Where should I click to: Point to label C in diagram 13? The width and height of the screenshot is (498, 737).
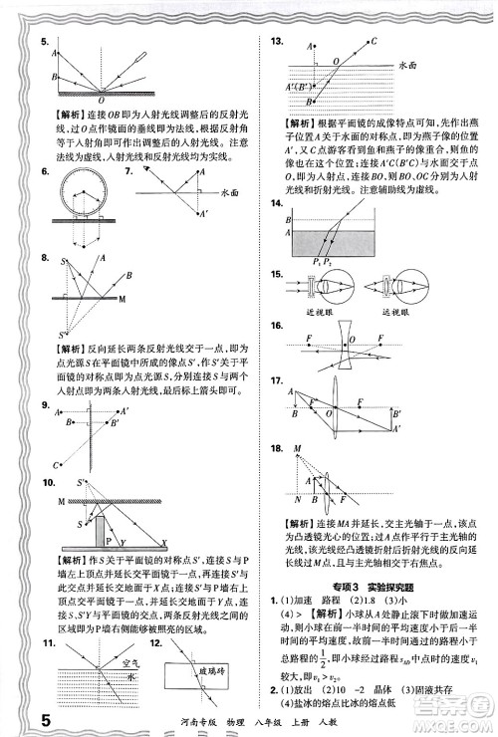click(373, 42)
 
